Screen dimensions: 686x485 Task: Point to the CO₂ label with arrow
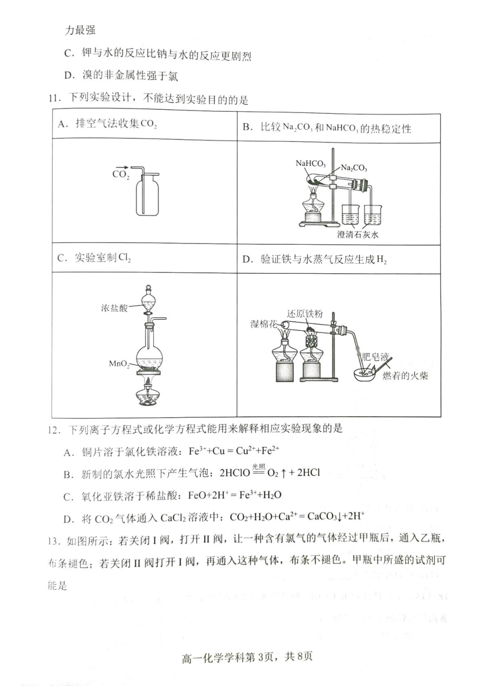(x=121, y=172)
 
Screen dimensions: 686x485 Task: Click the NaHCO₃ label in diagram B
(x=310, y=163)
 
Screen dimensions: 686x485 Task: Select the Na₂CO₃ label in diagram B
(x=354, y=168)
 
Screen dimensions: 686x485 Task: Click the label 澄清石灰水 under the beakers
(x=358, y=234)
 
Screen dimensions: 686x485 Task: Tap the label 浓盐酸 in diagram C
(x=114, y=307)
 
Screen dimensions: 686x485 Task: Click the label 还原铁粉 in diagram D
(x=305, y=313)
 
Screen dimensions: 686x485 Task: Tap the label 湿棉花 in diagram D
(x=263, y=324)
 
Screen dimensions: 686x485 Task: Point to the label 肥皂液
(x=375, y=357)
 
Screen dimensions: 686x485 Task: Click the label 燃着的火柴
(x=405, y=376)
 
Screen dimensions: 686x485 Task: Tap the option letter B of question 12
(x=67, y=474)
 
